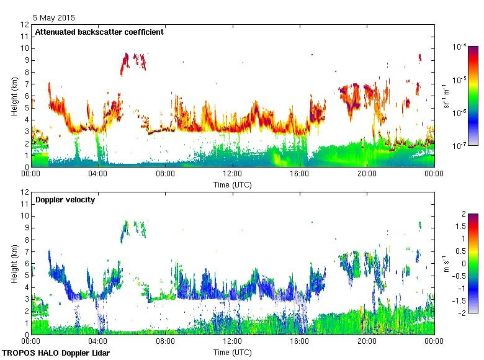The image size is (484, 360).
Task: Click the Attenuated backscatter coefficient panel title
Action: [x=99, y=32]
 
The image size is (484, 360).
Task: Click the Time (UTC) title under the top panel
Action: [x=233, y=184]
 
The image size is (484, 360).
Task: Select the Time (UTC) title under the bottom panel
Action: [x=233, y=352]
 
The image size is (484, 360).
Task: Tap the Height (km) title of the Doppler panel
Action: [x=14, y=263]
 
